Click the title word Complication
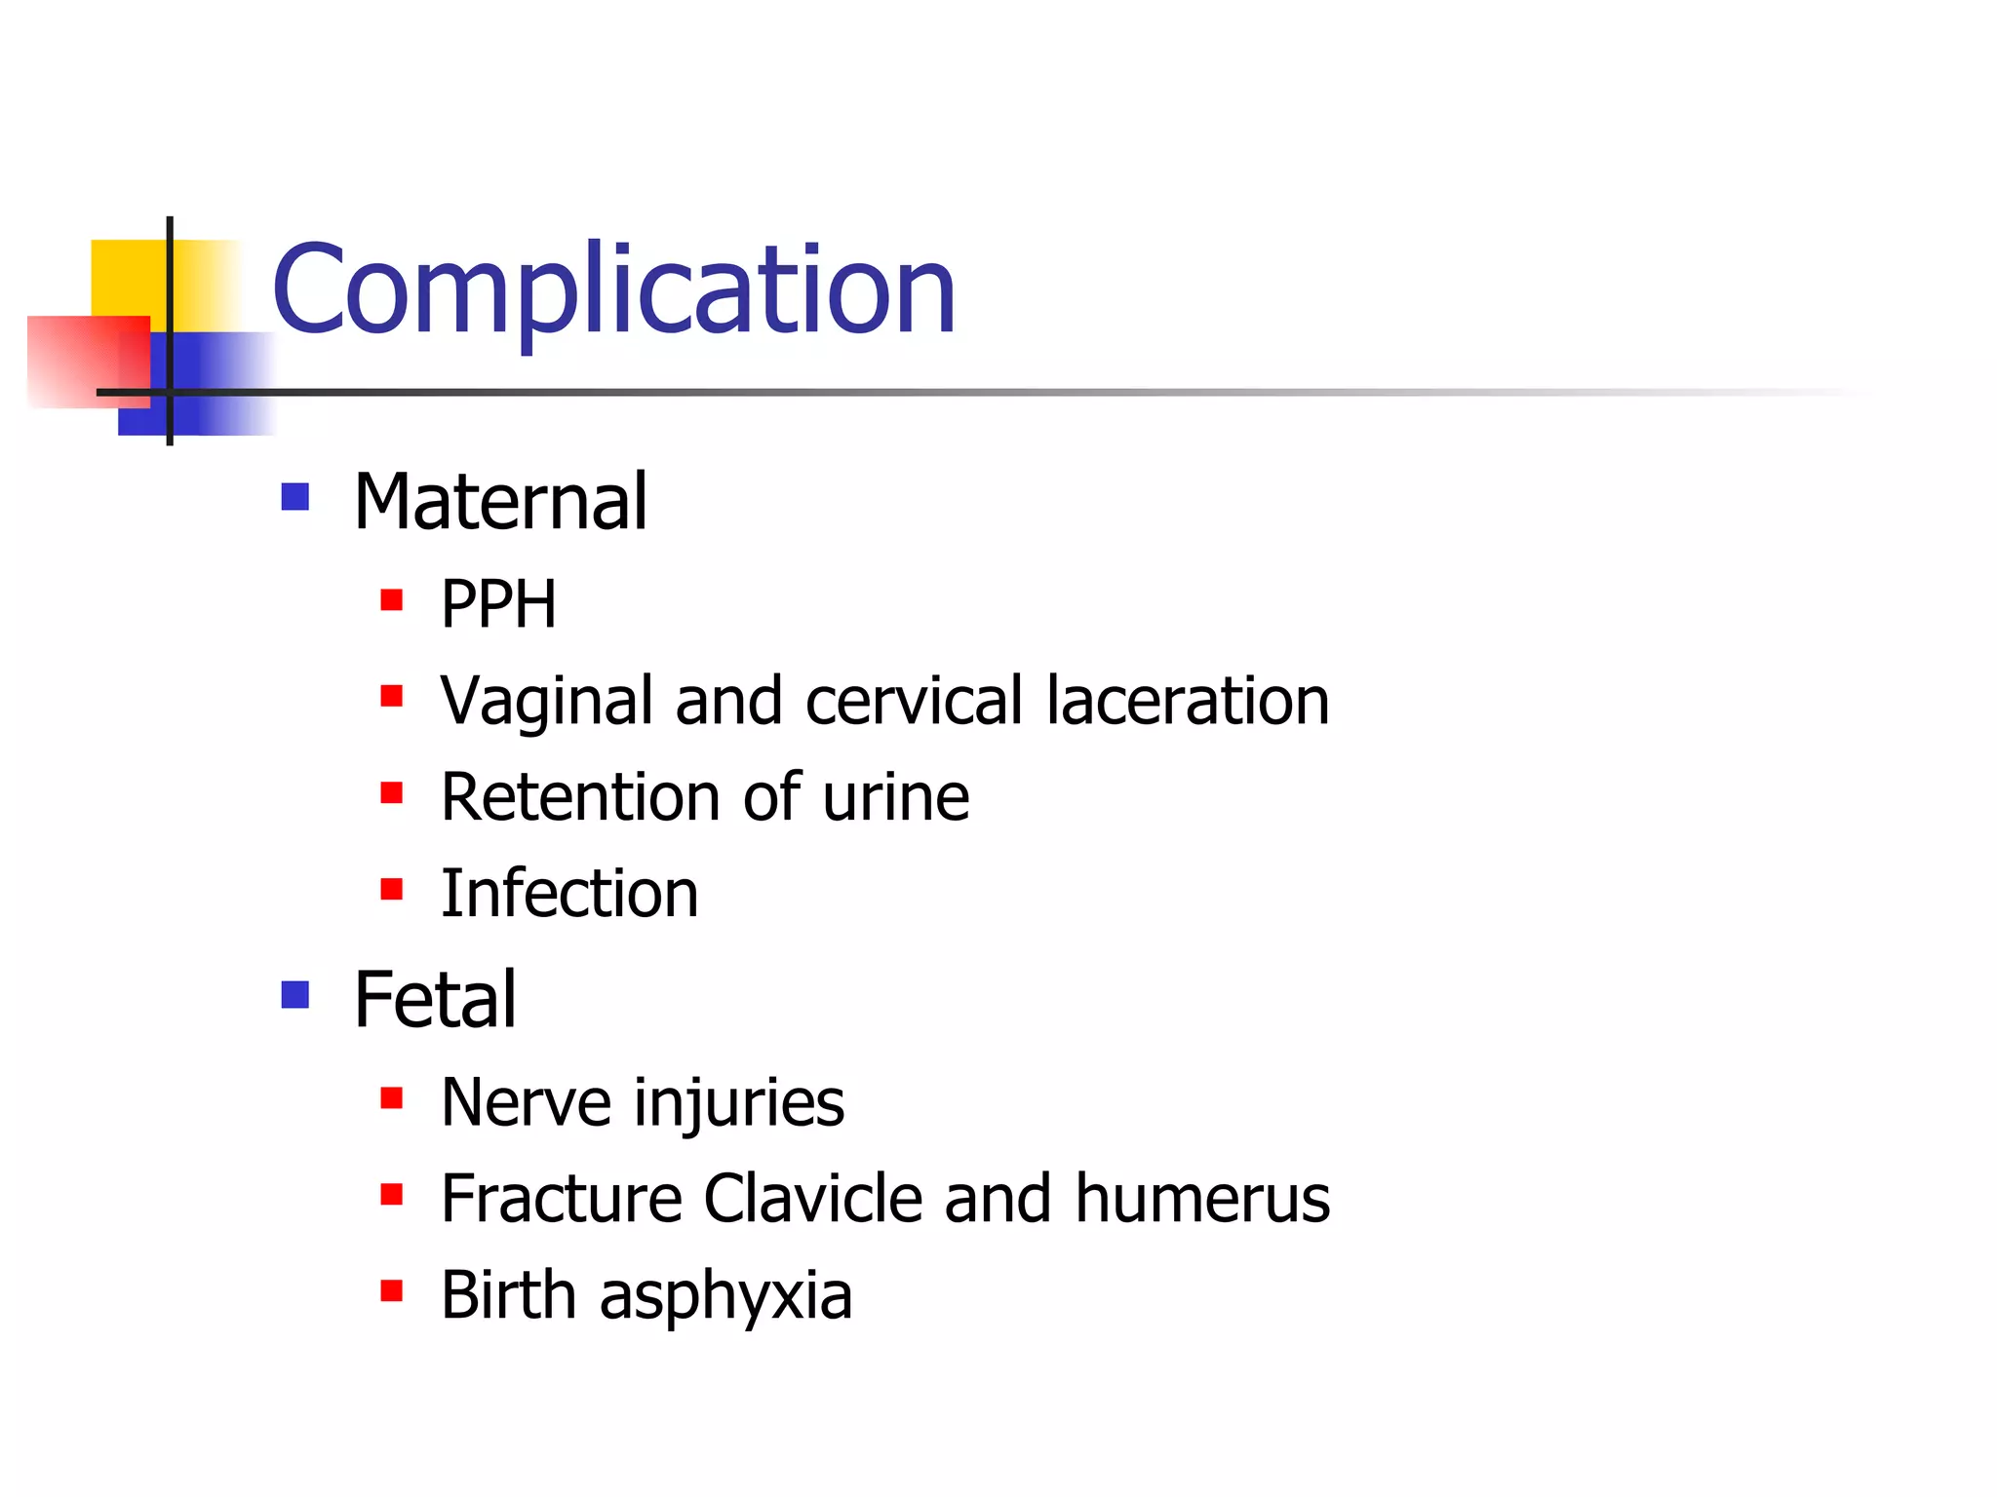tap(613, 289)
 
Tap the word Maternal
tap(500, 502)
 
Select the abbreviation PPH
tap(498, 604)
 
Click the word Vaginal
tap(546, 702)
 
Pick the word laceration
tap(1188, 701)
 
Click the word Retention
tap(580, 797)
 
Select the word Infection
tap(569, 894)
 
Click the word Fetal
tap(435, 1000)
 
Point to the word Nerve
tap(526, 1102)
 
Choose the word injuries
tap(739, 1104)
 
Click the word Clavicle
tap(812, 1199)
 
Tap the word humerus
tap(1202, 1199)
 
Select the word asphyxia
tap(725, 1297)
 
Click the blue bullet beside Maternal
tap(294, 497)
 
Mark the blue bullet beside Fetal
tap(294, 994)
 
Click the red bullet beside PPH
tap(392, 598)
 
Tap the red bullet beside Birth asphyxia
tap(392, 1291)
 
